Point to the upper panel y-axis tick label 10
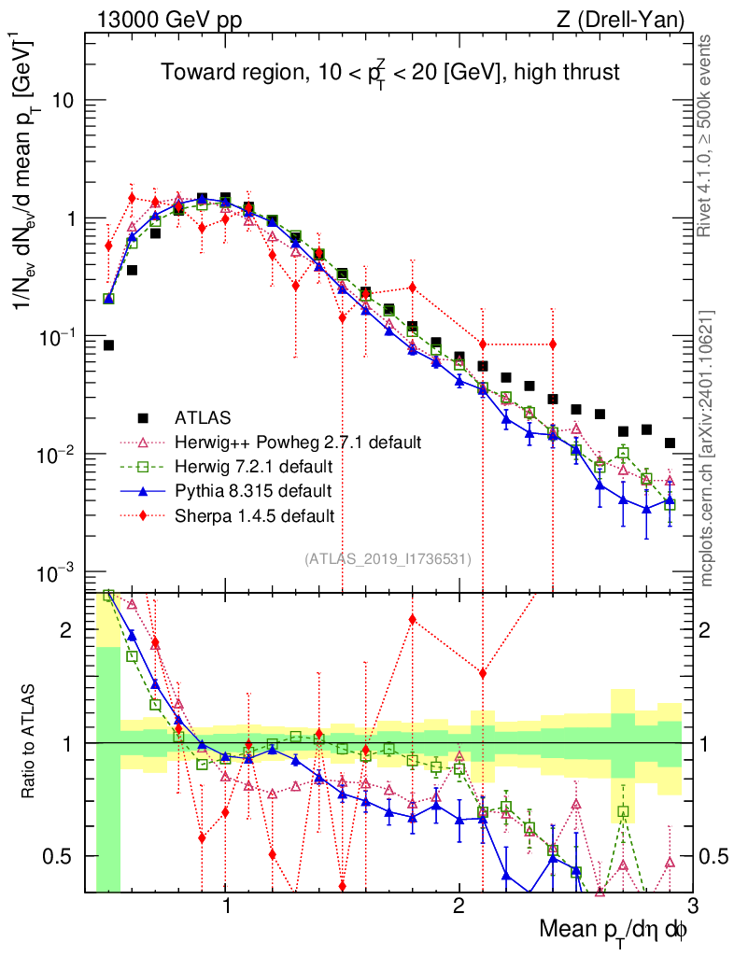64,101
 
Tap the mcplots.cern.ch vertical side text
707,448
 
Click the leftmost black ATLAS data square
108,345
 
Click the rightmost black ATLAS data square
669,443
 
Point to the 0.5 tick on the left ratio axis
64,856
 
